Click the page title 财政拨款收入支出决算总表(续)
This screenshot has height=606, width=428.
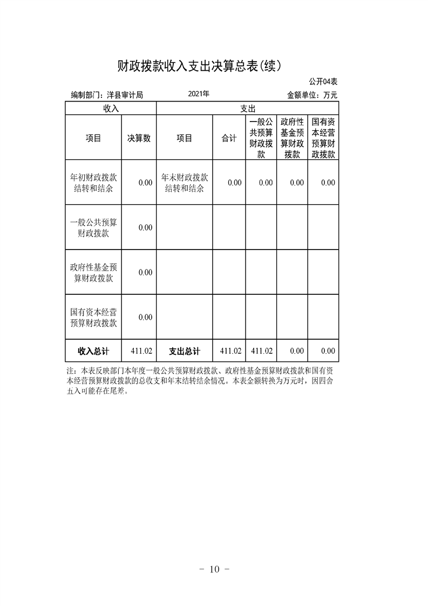point(200,66)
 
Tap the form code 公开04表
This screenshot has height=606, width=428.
point(323,82)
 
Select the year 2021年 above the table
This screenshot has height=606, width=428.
point(199,94)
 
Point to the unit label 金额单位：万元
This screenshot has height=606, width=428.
point(312,95)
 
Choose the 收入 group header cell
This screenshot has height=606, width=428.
point(111,109)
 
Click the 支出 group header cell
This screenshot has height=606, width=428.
point(247,109)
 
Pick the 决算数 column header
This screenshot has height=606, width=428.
point(139,138)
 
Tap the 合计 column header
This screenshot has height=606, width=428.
point(229,138)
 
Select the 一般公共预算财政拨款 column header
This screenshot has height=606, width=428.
point(261,138)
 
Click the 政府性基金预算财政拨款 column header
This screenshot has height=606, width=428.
point(292,138)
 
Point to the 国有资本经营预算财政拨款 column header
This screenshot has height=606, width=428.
point(323,138)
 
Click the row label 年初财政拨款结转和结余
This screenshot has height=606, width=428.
point(93,183)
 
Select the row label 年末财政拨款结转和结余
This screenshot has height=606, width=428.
point(184,183)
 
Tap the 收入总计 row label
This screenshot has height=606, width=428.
point(93,351)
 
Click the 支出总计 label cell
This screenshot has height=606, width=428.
point(184,351)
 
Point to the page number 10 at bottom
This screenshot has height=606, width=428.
point(215,569)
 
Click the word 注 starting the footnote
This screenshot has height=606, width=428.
point(70,372)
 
